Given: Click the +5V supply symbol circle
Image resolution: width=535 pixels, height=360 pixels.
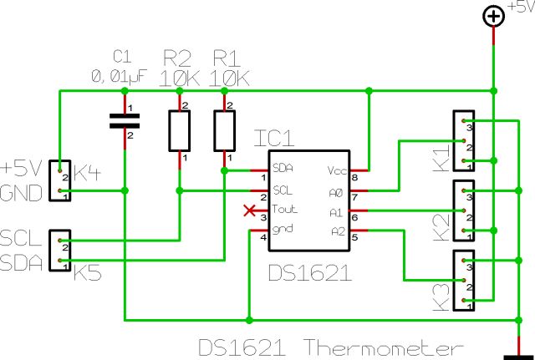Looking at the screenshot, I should point(494,16).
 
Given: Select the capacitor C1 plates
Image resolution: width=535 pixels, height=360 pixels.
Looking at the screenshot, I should point(125,121).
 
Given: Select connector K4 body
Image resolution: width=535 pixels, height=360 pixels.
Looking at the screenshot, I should point(60,182).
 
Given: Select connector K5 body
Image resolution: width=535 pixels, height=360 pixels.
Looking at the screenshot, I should point(60,251).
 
